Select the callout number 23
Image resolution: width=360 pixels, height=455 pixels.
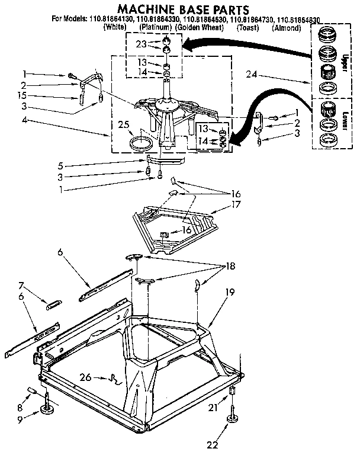tap(140, 43)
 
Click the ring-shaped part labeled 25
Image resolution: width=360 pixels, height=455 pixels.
tap(141, 143)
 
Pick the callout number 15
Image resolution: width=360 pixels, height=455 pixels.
tap(22, 95)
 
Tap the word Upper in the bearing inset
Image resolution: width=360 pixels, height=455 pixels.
tap(344, 63)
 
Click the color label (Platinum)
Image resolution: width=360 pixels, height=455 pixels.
tap(156, 28)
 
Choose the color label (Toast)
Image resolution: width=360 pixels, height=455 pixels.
tap(248, 28)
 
